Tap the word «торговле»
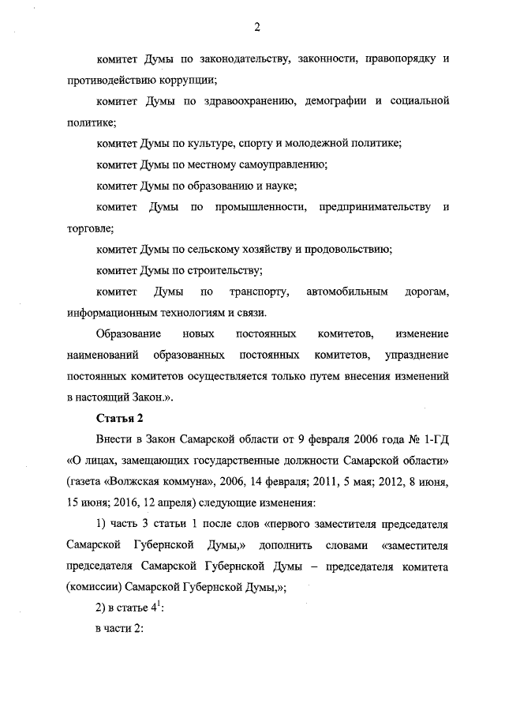tap(89, 228)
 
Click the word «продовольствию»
tap(346, 250)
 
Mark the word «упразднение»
tap(414, 356)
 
